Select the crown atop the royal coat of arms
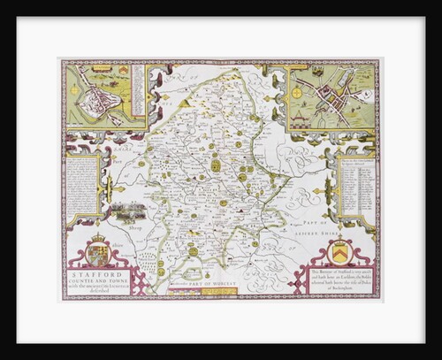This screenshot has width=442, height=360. click(96, 239)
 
